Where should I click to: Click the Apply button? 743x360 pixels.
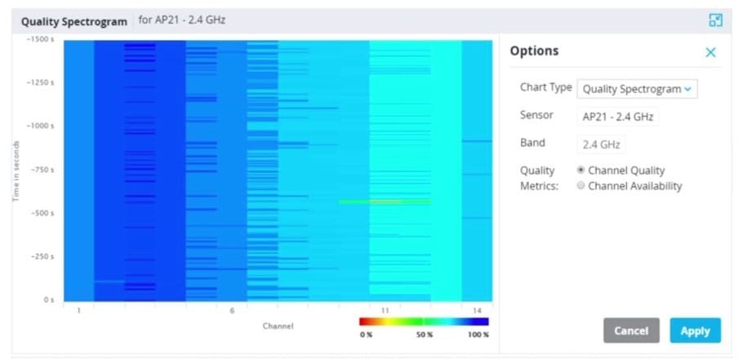695,331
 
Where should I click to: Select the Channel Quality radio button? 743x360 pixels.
581,170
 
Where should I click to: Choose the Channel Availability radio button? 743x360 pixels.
581,185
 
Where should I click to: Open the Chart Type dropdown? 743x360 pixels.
637,88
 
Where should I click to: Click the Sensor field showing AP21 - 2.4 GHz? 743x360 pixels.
617,117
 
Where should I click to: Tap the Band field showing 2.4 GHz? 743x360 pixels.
601,144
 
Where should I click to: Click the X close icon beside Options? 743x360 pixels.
710,52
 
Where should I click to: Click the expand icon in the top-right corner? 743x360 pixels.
715,20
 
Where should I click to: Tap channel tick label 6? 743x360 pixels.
232,310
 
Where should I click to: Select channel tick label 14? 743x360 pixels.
477,310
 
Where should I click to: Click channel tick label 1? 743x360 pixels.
78,310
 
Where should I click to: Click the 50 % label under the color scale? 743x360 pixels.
425,334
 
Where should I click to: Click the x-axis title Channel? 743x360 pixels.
278,326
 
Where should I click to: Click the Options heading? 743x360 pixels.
534,51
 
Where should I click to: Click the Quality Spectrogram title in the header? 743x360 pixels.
74,21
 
